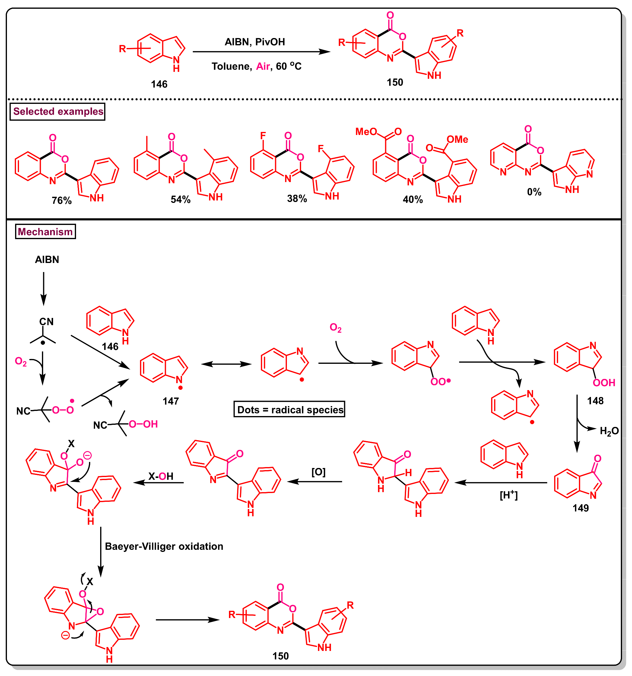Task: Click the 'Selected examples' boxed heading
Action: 58,111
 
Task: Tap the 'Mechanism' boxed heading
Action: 45,232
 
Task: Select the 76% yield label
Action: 62,200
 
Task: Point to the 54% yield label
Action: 180,200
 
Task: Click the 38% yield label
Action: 297,199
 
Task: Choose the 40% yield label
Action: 413,200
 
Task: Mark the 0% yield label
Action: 534,192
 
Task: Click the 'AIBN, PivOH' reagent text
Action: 255,42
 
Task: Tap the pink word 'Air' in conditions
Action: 263,66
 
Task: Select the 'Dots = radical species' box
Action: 290,410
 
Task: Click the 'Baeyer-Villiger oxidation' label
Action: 164,546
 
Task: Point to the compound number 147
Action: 170,401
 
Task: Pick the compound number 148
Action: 595,401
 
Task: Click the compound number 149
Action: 581,508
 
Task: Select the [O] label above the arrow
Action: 318,472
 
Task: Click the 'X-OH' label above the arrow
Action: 161,476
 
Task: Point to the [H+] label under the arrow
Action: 509,495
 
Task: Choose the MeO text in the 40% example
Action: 366,132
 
